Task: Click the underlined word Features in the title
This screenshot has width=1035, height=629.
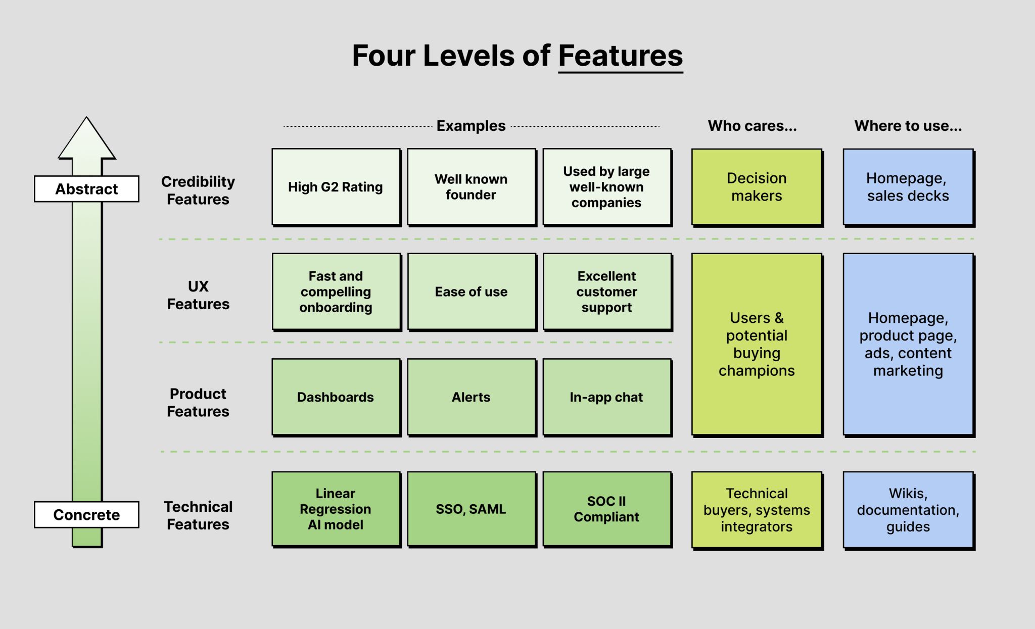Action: (x=620, y=56)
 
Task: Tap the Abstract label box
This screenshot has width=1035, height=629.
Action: (x=86, y=189)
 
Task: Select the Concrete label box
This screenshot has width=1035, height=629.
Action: (x=86, y=515)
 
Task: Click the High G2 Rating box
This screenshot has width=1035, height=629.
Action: (x=336, y=187)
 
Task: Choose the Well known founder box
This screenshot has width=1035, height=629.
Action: (x=471, y=187)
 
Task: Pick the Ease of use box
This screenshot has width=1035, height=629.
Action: (x=471, y=292)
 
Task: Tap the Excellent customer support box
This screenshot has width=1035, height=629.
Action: (x=606, y=292)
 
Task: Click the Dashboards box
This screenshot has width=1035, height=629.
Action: (x=336, y=397)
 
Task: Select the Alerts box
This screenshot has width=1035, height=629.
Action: (x=471, y=397)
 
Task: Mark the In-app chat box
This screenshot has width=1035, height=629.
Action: (x=606, y=397)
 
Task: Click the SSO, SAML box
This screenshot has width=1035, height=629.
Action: (x=471, y=509)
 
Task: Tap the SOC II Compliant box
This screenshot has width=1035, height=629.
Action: (x=606, y=509)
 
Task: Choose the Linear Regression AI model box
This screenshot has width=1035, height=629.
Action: (x=336, y=509)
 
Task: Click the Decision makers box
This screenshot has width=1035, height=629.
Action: (x=757, y=187)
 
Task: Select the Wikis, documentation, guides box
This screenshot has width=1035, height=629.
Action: (x=908, y=510)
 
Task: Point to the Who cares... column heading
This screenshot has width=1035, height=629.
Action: (x=752, y=126)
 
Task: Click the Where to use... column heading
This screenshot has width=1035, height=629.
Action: (x=908, y=126)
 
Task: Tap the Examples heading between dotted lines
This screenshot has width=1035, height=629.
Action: (x=471, y=126)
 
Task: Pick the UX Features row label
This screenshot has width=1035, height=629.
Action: (x=198, y=295)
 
